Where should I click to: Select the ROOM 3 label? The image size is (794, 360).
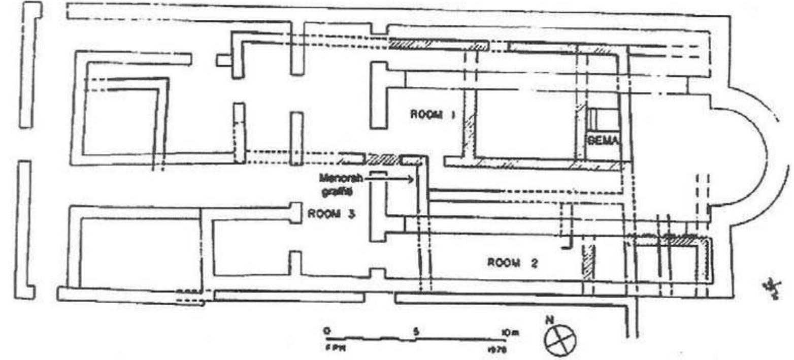tap(330, 214)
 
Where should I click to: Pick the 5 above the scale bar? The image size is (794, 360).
tap(416, 331)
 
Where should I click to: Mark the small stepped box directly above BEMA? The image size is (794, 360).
tap(602, 120)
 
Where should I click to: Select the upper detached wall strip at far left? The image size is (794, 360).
tap(30, 63)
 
